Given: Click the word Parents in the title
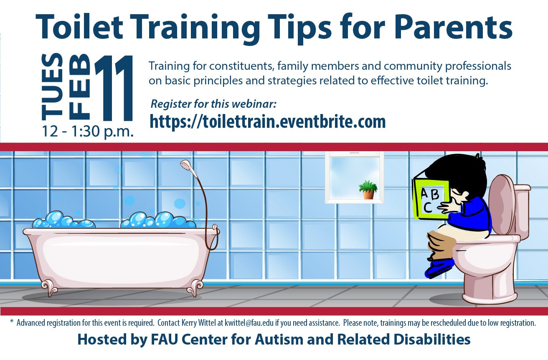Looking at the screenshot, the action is coord(453,27).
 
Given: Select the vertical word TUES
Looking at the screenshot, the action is coord(52,87).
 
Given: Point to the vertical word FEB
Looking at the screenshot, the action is coord(79,87).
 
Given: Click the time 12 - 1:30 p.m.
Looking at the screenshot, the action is coord(88,132).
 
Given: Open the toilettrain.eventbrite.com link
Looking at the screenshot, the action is coord(267,122).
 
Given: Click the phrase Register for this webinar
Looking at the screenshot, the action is coord(213,104).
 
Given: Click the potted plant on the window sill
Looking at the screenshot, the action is coord(368,190).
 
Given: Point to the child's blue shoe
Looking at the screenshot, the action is coord(439,268).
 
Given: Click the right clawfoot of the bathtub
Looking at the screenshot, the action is coord(195,288).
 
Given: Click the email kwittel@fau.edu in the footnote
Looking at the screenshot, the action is coord(249,323).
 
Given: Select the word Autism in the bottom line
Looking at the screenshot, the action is coord(279,340).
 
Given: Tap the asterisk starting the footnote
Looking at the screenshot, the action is coord(12,321).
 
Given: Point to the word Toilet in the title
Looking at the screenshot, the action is coord(79,27).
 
